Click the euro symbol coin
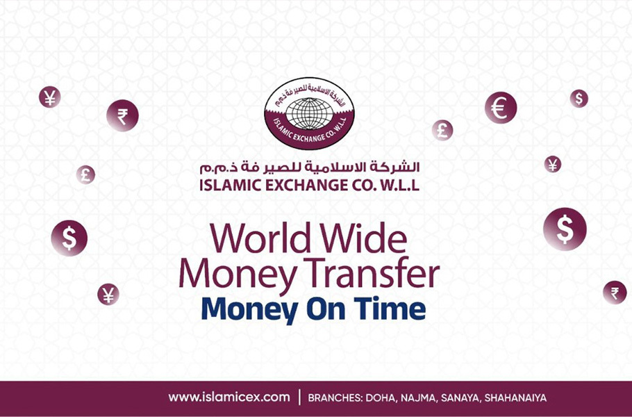point(501,108)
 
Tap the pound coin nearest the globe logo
point(442,129)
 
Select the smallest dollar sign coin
point(579,98)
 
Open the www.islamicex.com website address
point(228,398)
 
